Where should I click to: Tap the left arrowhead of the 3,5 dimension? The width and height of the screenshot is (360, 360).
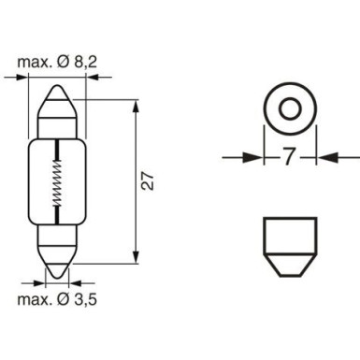41,279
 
